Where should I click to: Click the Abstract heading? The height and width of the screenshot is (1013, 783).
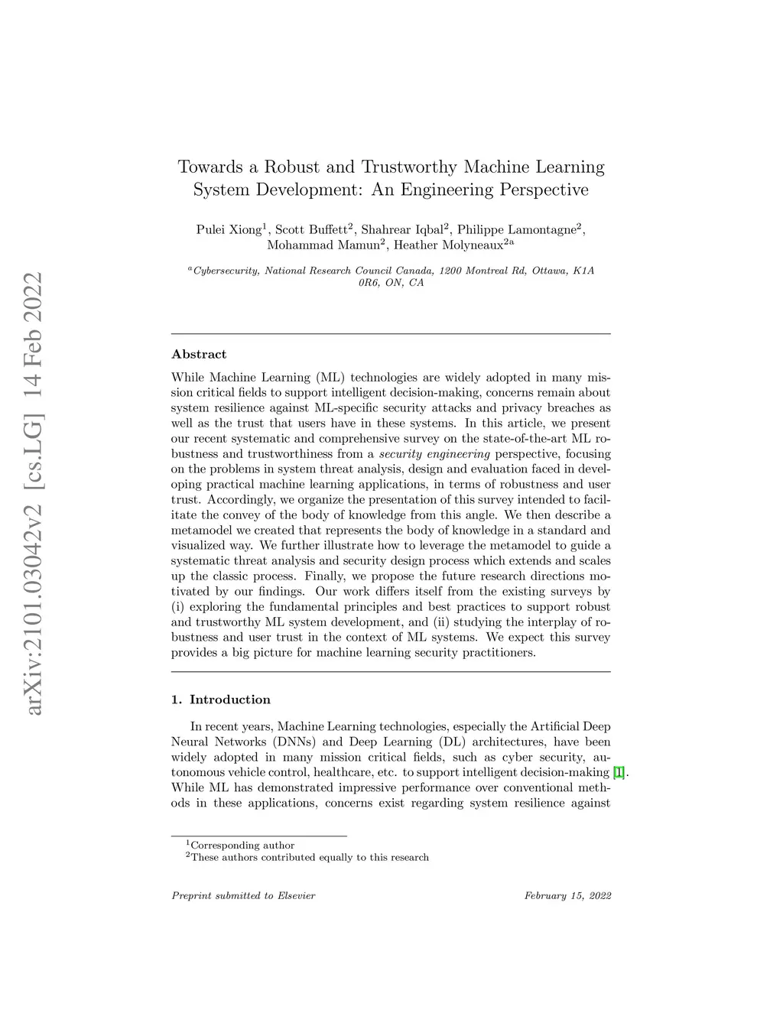tap(199, 354)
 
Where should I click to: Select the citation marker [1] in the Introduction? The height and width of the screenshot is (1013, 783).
tap(619, 772)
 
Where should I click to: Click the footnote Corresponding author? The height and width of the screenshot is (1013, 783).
tap(242, 845)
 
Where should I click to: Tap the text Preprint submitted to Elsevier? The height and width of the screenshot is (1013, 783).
tap(243, 895)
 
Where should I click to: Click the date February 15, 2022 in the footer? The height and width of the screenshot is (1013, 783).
tap(567, 895)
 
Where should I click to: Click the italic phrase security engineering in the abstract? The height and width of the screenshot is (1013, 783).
tap(434, 453)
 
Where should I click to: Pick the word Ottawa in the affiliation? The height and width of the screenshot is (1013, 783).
tap(545, 271)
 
